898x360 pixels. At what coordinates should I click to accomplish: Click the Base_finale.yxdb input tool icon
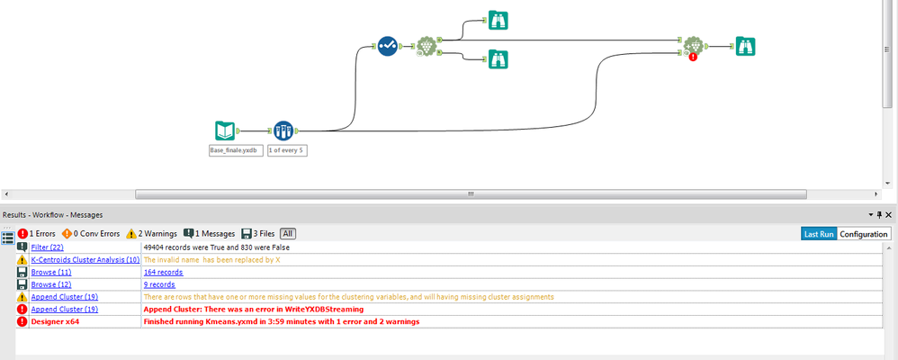[x=225, y=130]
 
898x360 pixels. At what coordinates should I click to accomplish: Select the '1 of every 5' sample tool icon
[x=283, y=130]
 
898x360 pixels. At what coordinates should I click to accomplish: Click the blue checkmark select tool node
[x=388, y=46]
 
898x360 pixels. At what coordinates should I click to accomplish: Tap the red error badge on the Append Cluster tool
[x=693, y=57]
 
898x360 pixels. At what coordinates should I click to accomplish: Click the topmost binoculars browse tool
[x=498, y=20]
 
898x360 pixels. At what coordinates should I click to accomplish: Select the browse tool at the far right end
[x=745, y=47]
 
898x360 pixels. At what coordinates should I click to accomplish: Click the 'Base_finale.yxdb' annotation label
[x=236, y=151]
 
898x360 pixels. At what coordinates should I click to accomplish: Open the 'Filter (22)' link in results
[x=48, y=247]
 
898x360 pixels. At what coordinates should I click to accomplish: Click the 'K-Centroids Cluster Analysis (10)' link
[x=85, y=260]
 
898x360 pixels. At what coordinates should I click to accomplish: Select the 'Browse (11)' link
[x=51, y=273]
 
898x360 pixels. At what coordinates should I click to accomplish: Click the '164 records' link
[x=163, y=273]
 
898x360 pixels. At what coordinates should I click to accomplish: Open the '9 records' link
[x=159, y=284]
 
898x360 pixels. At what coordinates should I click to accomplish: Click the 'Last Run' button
[x=819, y=234]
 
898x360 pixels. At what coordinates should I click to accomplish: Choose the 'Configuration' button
[x=864, y=234]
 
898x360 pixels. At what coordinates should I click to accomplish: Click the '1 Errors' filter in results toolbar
[x=37, y=234]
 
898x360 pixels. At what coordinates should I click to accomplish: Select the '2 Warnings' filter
[x=152, y=234]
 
